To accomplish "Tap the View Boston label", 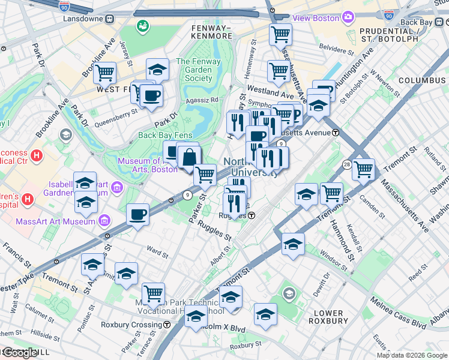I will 316,18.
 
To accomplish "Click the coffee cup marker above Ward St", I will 138,215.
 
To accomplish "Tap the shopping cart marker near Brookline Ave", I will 105,73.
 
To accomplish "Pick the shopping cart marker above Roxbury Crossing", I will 153,294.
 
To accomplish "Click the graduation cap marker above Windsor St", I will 293,244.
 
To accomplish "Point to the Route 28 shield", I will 347,164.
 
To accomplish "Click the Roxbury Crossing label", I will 133,325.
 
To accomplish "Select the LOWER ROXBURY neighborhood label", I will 328,317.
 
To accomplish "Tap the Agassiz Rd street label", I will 202,100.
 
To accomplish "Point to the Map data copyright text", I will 412,355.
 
